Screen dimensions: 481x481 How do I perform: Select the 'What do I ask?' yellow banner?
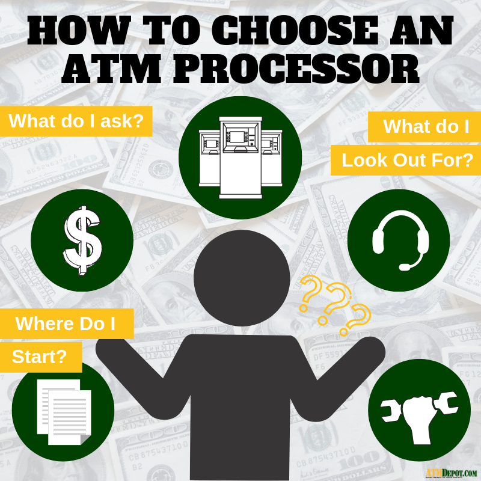[x=76, y=121]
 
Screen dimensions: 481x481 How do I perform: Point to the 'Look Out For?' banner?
[x=405, y=160]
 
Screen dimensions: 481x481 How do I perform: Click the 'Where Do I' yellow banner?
[x=67, y=323]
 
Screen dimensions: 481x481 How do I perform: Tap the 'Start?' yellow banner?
[x=41, y=357]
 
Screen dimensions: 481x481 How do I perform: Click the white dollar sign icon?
[x=82, y=240]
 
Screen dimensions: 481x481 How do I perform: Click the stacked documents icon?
[x=64, y=412]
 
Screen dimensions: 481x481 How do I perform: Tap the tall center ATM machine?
[x=240, y=158]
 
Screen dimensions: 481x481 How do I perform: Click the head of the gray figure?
[x=242, y=277]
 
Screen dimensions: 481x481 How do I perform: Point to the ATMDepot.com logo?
[x=452, y=473]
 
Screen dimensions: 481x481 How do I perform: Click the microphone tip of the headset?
[x=404, y=267]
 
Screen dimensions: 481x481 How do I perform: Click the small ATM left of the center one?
[x=209, y=158]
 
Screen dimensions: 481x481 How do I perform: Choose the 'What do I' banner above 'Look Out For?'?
[x=424, y=127]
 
